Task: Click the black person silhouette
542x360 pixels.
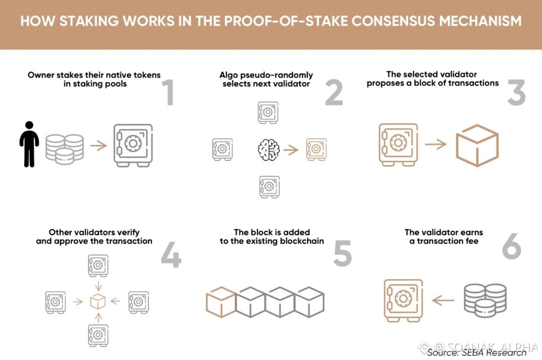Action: (x=29, y=144)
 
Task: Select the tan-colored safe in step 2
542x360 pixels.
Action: (x=316, y=149)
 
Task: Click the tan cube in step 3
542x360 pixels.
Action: (x=477, y=145)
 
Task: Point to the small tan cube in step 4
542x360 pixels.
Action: (x=98, y=301)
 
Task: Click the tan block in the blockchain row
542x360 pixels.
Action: (x=221, y=302)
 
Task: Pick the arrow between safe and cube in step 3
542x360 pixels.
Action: (x=436, y=145)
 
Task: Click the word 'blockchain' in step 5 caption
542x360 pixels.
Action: (x=302, y=241)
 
